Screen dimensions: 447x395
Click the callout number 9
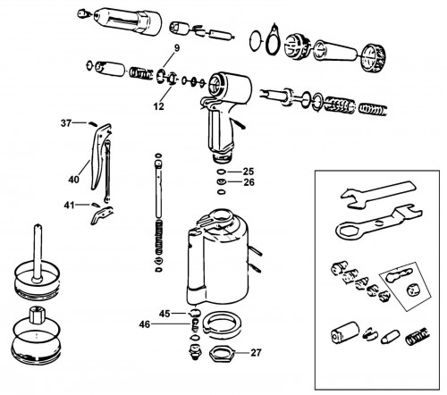[x=177, y=48]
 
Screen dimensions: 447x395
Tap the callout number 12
[x=159, y=106]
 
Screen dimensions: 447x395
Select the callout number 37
[x=66, y=123]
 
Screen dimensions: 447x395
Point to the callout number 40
[x=74, y=180]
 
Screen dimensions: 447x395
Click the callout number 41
[x=69, y=206]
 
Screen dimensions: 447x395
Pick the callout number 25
[x=249, y=172]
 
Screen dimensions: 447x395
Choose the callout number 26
[x=249, y=182]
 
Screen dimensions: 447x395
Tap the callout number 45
[x=164, y=314]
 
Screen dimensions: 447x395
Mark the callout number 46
[x=145, y=324]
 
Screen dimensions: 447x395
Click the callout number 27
[x=256, y=353]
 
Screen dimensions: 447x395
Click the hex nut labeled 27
[x=223, y=354]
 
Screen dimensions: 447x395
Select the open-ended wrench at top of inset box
[x=378, y=194]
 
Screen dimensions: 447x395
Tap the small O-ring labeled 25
[x=221, y=172]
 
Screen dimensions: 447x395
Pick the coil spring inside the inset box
[x=417, y=337]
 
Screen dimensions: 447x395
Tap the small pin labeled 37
[x=92, y=123]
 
